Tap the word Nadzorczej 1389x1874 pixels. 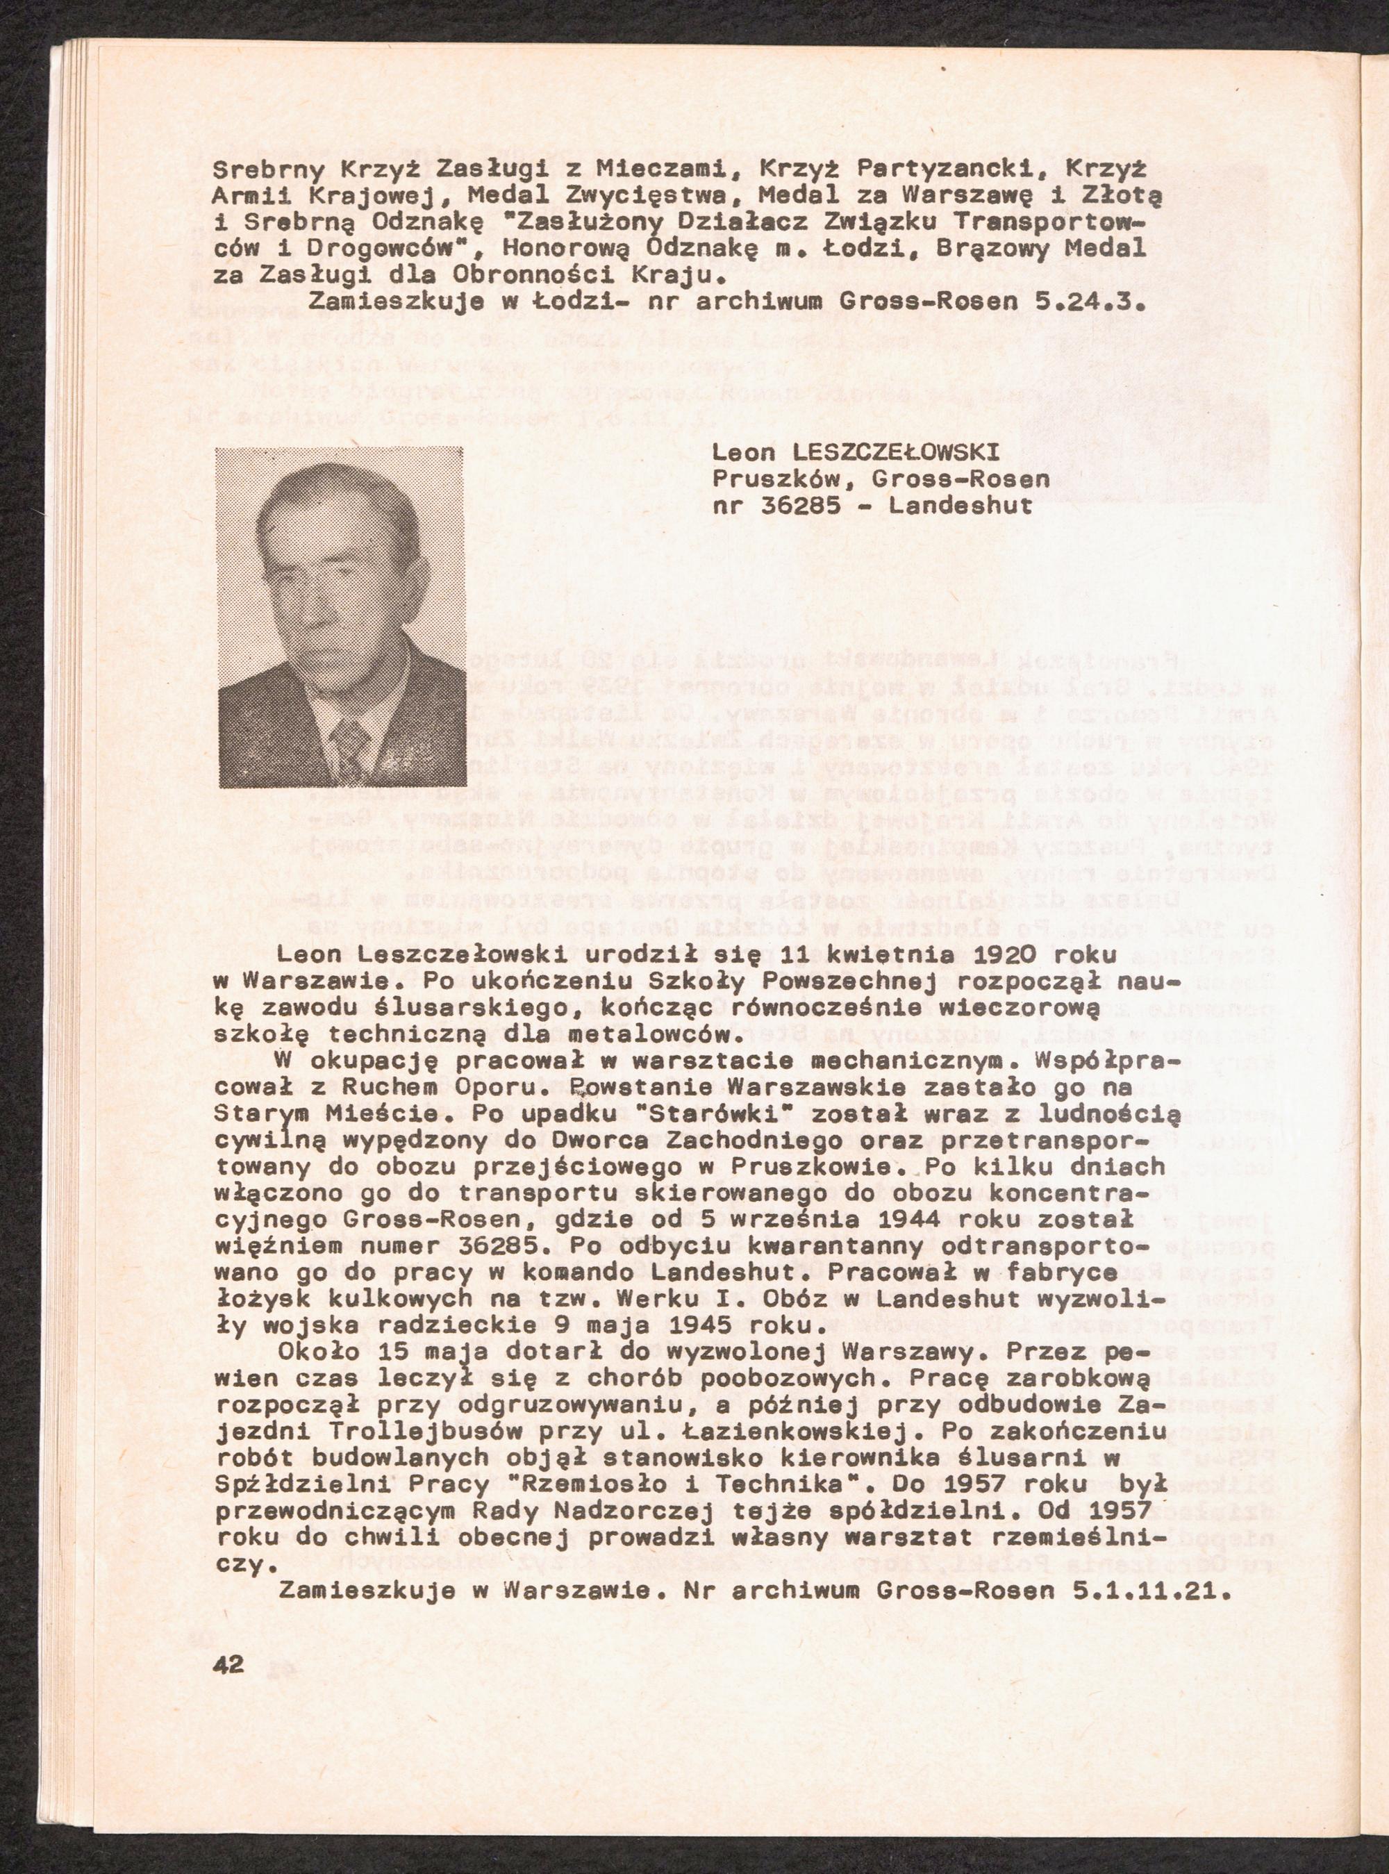coord(626,1511)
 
